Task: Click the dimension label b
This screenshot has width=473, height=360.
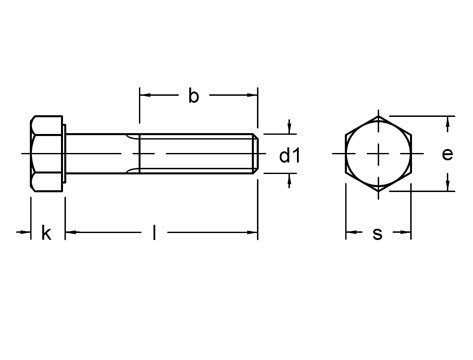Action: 193,96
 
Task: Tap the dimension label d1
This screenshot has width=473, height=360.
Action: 290,155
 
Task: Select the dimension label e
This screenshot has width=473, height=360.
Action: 447,154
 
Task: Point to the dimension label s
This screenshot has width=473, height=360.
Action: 377,234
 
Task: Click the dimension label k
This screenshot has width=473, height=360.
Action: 46,233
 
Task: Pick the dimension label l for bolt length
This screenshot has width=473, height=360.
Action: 154,232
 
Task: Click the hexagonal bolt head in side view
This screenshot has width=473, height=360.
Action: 47,154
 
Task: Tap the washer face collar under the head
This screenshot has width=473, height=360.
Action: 65,154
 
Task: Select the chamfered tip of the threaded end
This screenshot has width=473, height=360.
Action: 255,154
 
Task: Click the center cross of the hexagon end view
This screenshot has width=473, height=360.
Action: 379,154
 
